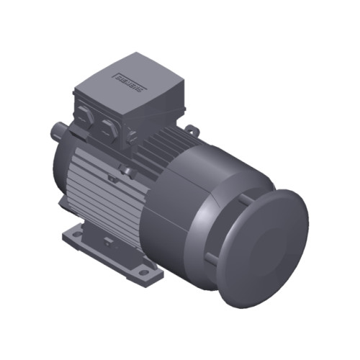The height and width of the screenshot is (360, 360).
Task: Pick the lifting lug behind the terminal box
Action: (191, 130)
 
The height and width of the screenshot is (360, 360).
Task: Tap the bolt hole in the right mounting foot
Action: (144, 273)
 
